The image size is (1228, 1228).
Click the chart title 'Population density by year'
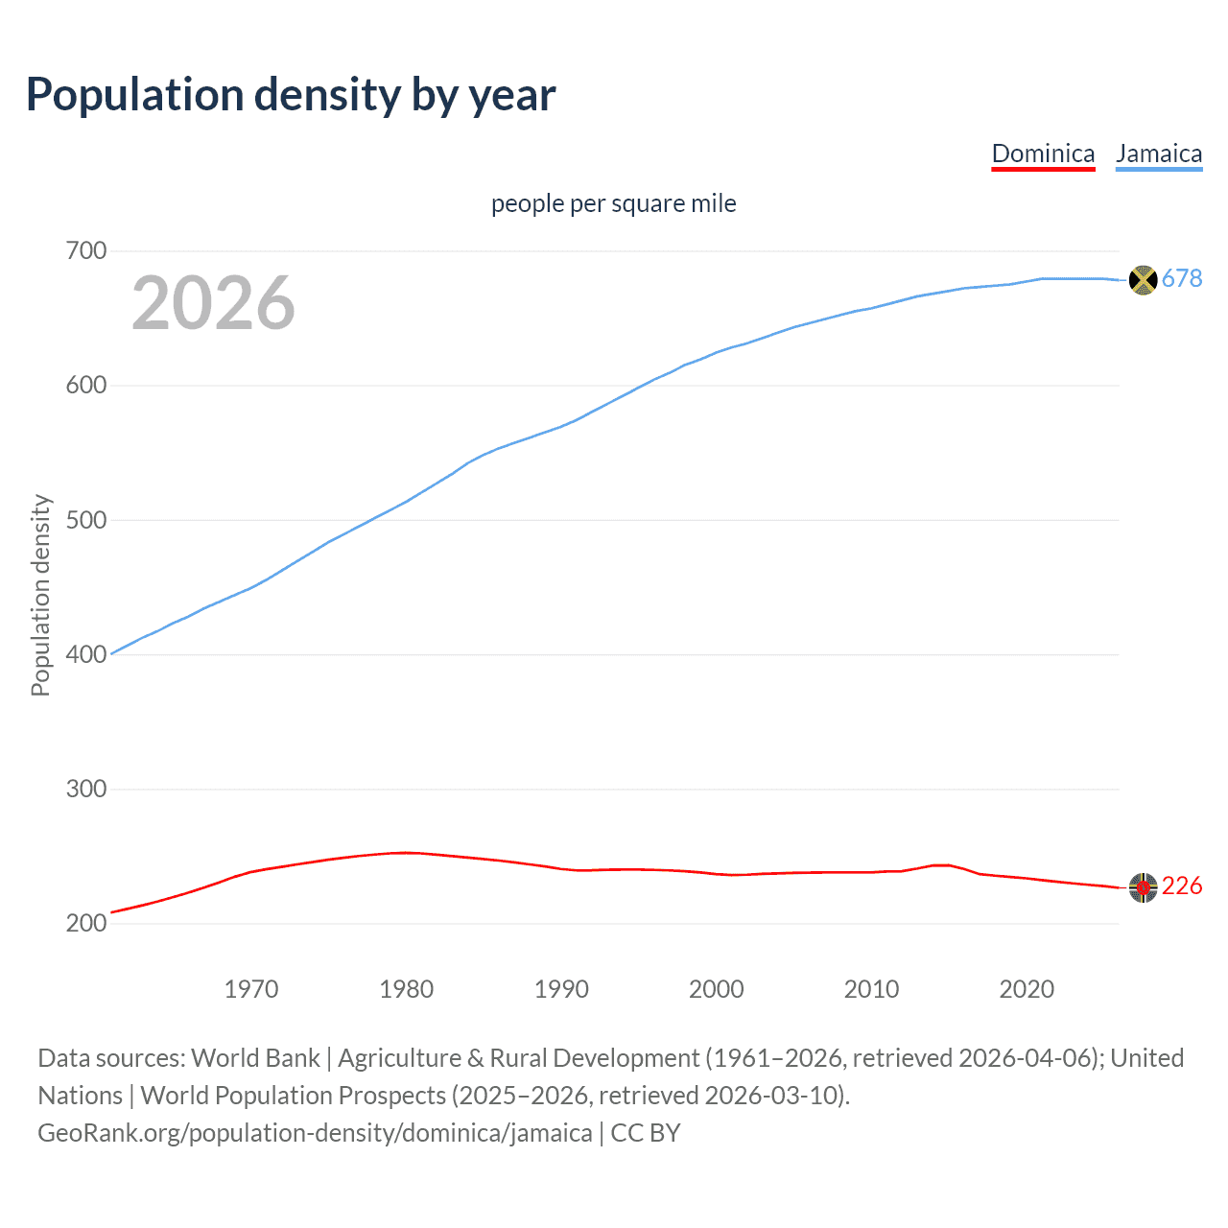(291, 95)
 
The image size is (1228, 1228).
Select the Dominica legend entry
(1043, 153)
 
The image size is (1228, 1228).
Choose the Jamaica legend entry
(1158, 153)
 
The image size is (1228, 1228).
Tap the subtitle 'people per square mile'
(613, 203)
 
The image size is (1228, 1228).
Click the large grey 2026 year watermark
(213, 303)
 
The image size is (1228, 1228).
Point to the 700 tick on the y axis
(86, 251)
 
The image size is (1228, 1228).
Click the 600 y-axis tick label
(86, 386)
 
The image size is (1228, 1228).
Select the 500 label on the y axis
(86, 520)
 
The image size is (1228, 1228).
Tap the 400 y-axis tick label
(86, 654)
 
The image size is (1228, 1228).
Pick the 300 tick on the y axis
(86, 789)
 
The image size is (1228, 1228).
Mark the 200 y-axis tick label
(86, 923)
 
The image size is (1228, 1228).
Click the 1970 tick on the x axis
(251, 989)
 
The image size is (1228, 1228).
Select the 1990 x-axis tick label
(561, 989)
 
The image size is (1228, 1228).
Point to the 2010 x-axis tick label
(871, 989)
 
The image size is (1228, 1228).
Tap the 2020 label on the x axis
(1027, 989)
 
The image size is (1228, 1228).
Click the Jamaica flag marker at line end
(1143, 280)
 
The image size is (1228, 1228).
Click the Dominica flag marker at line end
(1143, 887)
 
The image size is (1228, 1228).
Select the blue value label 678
(1182, 278)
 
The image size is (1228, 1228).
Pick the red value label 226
(1182, 886)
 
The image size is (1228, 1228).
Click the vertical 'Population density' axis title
(40, 595)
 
